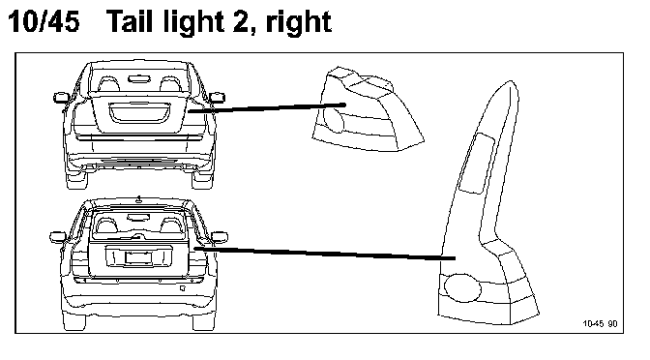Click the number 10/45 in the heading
44,21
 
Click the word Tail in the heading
132,21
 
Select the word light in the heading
193,23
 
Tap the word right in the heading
299,23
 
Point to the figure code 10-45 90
600,323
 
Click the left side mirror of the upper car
61,98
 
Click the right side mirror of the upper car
218,98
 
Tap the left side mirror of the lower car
58,237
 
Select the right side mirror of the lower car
220,237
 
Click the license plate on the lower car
138,257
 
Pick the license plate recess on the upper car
139,113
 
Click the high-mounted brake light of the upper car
139,78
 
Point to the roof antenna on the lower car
139,199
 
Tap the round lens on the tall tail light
462,287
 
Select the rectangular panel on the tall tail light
477,164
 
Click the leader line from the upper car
267,107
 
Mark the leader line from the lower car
325,254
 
